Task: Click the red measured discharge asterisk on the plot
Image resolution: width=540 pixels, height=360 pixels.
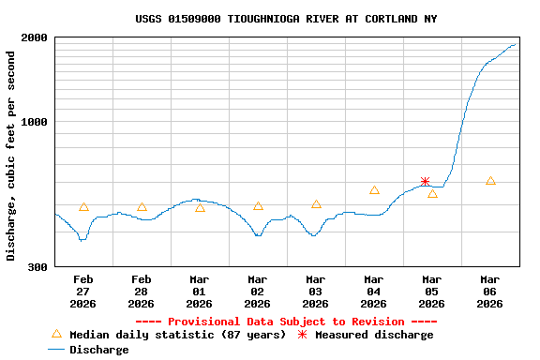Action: tap(425, 182)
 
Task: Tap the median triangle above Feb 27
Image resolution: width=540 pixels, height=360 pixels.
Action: tap(83, 207)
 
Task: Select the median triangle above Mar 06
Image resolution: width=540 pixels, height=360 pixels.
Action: tap(490, 181)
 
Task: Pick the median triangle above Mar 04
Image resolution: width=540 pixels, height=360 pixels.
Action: tap(374, 190)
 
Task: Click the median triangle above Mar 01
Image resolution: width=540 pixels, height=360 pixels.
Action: tap(200, 208)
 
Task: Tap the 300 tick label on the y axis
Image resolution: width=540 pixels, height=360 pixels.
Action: tap(38, 267)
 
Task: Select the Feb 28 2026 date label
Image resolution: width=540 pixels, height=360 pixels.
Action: tap(142, 292)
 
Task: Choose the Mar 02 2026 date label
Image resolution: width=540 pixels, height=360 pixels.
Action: tap(258, 292)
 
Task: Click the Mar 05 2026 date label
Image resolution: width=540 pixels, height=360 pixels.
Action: tap(432, 292)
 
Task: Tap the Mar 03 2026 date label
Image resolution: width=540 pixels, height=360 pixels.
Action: tap(316, 292)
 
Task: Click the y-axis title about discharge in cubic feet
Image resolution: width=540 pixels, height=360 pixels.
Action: tap(11, 156)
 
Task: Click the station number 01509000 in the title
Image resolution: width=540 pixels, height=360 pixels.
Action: tap(200, 19)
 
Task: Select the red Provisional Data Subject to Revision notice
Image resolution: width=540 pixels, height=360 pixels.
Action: tap(286, 322)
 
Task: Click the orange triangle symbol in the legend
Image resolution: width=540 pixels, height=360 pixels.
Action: tap(56, 334)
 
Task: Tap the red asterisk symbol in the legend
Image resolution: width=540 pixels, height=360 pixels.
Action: tap(302, 335)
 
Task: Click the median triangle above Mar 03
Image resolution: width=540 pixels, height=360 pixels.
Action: tap(316, 204)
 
